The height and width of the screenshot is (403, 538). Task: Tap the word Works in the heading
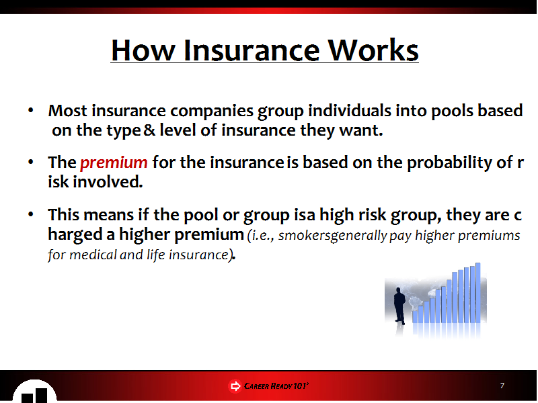click(373, 50)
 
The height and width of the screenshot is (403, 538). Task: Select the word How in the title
click(143, 50)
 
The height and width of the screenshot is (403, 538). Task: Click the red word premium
click(114, 163)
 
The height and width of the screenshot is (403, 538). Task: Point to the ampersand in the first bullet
click(149, 130)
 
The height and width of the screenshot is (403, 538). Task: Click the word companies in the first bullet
click(212, 111)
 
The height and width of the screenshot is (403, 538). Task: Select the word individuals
click(350, 110)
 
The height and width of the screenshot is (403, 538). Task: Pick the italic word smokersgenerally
click(332, 236)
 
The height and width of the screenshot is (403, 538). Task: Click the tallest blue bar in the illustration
click(478, 293)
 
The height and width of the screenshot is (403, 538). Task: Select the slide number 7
click(502, 386)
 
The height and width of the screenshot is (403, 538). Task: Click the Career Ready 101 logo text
click(276, 386)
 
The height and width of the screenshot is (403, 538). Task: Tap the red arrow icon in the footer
click(235, 386)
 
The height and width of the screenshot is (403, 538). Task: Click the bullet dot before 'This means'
click(31, 214)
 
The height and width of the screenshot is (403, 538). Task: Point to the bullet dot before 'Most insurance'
click(31, 110)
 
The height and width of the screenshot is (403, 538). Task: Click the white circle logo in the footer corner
click(34, 392)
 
